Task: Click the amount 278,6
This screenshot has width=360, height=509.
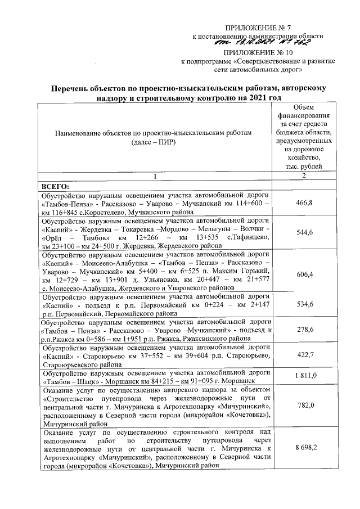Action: tap(303, 331)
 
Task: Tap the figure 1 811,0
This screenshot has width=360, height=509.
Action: tap(303, 376)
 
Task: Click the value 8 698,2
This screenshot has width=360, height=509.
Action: tap(303, 448)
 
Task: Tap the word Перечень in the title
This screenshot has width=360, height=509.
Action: tap(73, 88)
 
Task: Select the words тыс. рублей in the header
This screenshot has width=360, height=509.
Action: tap(304, 167)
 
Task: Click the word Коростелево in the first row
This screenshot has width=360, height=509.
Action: tap(102, 213)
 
